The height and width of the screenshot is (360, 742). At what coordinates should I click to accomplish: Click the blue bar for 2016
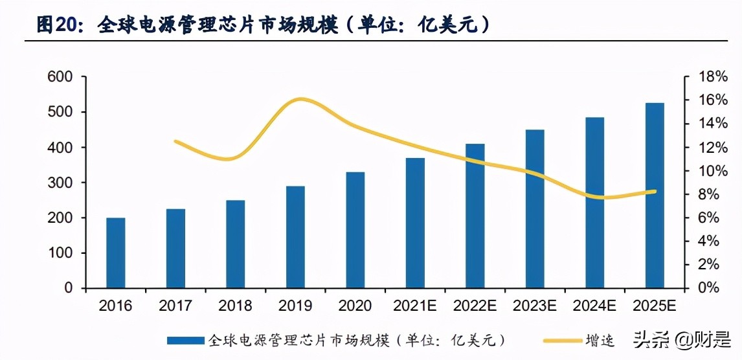(116, 253)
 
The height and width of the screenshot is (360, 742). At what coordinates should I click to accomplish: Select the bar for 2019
(295, 237)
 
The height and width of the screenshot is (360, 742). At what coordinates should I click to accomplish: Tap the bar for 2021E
(415, 223)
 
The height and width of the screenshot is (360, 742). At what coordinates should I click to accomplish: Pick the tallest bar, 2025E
(655, 195)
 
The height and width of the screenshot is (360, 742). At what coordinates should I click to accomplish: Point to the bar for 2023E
(535, 208)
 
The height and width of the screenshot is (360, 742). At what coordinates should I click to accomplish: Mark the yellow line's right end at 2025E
(655, 191)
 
